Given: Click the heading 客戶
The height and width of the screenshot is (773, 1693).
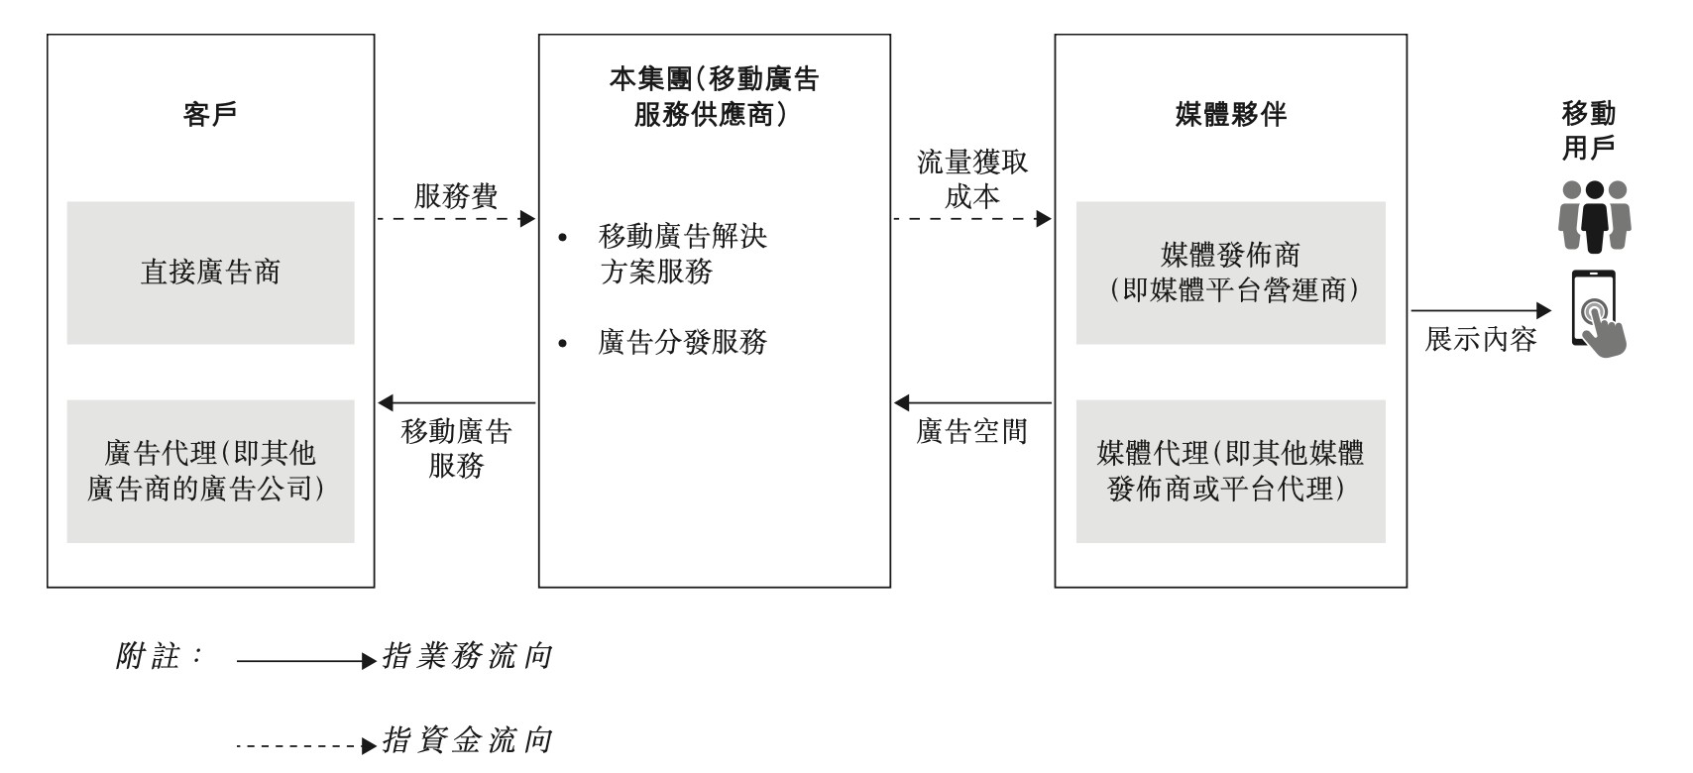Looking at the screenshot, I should (210, 115).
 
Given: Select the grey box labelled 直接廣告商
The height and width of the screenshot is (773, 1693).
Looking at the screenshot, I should (210, 273).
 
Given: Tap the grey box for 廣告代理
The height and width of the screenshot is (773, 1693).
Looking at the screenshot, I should (210, 471).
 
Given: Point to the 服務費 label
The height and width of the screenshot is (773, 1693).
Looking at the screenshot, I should (456, 195).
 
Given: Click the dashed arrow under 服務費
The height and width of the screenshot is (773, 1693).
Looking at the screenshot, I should (456, 218).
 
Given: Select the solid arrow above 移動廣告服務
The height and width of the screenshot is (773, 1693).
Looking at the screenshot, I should (456, 402).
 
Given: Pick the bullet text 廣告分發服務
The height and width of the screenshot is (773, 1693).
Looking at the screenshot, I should (683, 343).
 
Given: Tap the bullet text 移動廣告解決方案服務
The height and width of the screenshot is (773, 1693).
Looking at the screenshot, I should (683, 254).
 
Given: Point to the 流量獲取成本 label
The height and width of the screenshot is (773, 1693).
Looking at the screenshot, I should (971, 178).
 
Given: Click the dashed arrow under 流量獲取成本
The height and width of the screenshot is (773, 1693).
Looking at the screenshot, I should (971, 218).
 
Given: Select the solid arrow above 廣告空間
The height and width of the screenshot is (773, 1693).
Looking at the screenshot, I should (971, 402).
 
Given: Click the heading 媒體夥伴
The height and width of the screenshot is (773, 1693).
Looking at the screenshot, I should (1230, 115).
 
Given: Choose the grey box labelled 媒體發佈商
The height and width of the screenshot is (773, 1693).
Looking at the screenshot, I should (1230, 273).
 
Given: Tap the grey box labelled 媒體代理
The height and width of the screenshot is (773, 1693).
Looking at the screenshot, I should (1230, 471).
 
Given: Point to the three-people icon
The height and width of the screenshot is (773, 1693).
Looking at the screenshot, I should (1594, 215).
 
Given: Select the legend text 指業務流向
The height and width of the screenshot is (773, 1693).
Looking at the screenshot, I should (467, 656).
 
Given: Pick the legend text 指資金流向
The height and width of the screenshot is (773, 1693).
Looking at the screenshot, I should (467, 740).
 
